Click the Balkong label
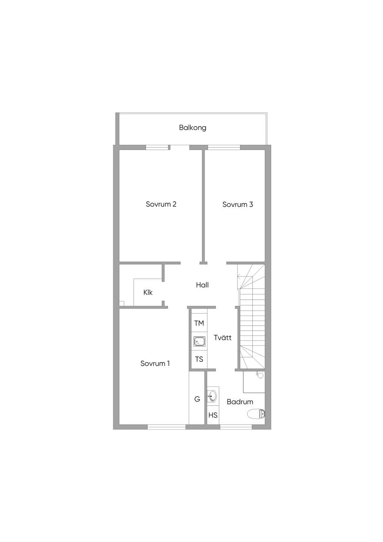point(193,128)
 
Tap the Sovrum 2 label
point(161,204)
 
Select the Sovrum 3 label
point(238,205)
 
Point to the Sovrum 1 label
point(155,363)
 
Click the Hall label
point(202,285)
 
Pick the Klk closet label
point(148,292)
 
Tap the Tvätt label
point(223,337)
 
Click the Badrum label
point(240,402)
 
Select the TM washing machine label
point(199,323)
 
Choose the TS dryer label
point(199,359)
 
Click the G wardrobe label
point(197,399)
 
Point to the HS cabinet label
point(213,416)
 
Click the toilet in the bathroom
point(256,414)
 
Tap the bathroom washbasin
point(212,396)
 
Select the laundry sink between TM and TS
point(199,342)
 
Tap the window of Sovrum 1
point(166,428)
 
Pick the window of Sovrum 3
point(224,147)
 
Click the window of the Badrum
point(236,428)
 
